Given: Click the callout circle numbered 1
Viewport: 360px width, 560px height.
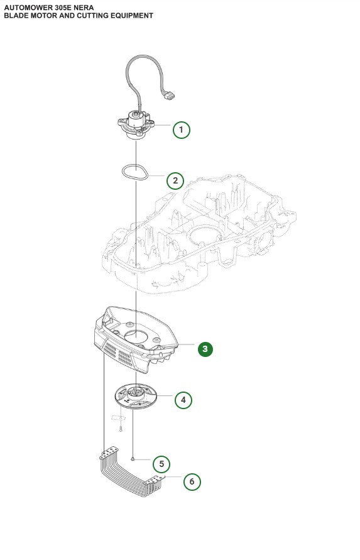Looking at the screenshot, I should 181,130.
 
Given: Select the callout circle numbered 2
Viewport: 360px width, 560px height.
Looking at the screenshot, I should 175,181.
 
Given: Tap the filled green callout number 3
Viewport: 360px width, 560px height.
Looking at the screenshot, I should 205,349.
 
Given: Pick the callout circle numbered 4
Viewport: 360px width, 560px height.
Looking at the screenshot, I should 183,400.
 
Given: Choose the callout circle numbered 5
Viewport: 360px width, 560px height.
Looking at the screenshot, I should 161,464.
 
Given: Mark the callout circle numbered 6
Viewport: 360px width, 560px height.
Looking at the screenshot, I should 192,482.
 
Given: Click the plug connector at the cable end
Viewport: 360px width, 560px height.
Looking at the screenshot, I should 168,96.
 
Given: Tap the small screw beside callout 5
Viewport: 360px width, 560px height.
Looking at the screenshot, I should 134,459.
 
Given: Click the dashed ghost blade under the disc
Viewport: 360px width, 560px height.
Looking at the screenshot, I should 118,418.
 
